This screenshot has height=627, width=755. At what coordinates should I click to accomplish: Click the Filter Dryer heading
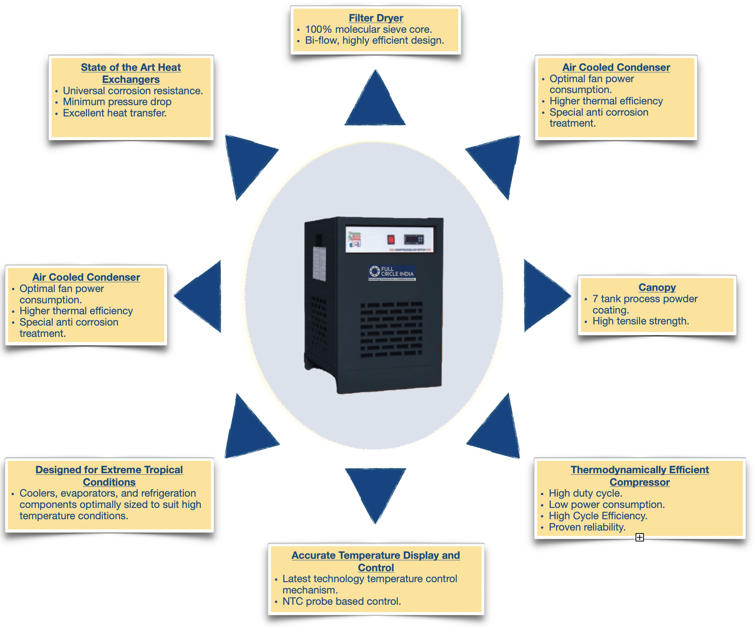[x=376, y=18]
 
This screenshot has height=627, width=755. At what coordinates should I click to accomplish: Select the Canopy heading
[x=657, y=288]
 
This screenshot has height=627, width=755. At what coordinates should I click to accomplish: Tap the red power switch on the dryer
[x=391, y=239]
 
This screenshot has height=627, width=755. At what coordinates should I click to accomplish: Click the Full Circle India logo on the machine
[x=392, y=272]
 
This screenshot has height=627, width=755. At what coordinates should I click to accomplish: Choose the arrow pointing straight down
[x=375, y=490]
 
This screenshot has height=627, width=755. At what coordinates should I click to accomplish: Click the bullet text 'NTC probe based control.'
[x=341, y=601]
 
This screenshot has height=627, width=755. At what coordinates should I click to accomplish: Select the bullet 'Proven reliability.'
[x=587, y=527]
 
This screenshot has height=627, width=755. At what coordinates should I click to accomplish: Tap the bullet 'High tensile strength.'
[x=640, y=321]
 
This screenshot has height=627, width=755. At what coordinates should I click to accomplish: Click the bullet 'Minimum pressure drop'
[x=117, y=102]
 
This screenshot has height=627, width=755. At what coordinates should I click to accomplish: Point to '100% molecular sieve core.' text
[x=368, y=29]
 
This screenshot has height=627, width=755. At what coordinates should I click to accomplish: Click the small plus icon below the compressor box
[x=639, y=537]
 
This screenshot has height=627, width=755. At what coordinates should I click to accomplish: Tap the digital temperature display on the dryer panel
[x=414, y=239]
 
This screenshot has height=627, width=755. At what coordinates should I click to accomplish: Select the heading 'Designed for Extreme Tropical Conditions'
[x=109, y=476]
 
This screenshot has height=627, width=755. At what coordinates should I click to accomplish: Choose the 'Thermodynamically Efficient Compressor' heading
[x=639, y=476]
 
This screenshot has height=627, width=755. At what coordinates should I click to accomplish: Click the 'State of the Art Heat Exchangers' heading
[x=131, y=73]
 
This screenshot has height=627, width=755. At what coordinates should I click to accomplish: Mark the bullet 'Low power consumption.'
[x=607, y=505]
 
